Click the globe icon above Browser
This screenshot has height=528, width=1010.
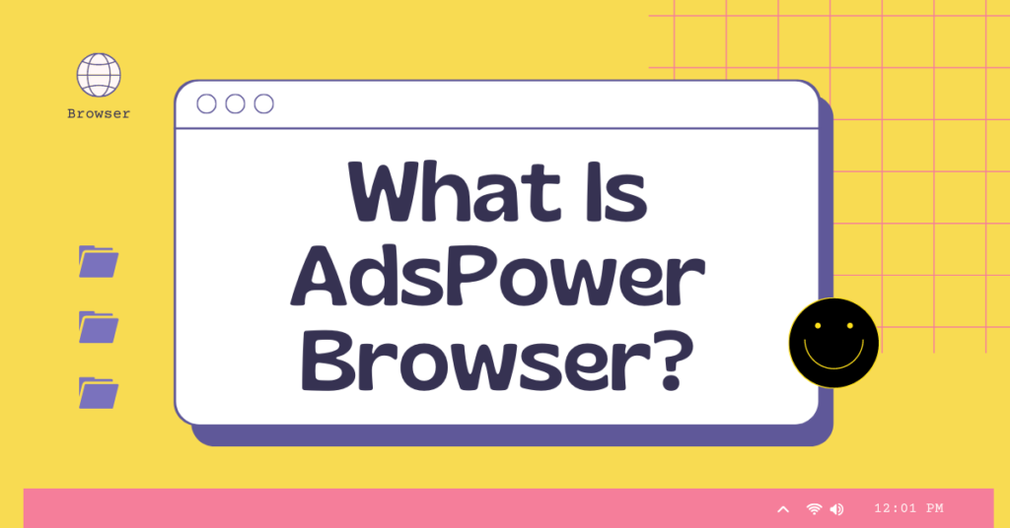(x=99, y=75)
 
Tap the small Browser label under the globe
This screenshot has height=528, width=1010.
(x=99, y=113)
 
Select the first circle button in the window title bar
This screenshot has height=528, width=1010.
(x=207, y=103)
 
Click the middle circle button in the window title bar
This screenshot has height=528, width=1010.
(x=235, y=103)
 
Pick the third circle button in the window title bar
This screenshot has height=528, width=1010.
(x=263, y=103)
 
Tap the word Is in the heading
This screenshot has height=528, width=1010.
(x=614, y=194)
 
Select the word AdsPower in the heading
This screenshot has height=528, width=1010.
(x=497, y=279)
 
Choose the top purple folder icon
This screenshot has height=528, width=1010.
(x=99, y=261)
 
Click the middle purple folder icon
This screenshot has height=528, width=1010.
(x=99, y=326)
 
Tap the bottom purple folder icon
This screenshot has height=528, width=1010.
(x=99, y=392)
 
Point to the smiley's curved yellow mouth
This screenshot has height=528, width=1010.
(x=833, y=357)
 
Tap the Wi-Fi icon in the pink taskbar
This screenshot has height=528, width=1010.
(x=814, y=509)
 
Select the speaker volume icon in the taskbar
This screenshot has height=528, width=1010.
(x=836, y=509)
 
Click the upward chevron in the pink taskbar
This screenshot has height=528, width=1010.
(x=783, y=509)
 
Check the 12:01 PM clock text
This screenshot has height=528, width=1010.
(x=908, y=508)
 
